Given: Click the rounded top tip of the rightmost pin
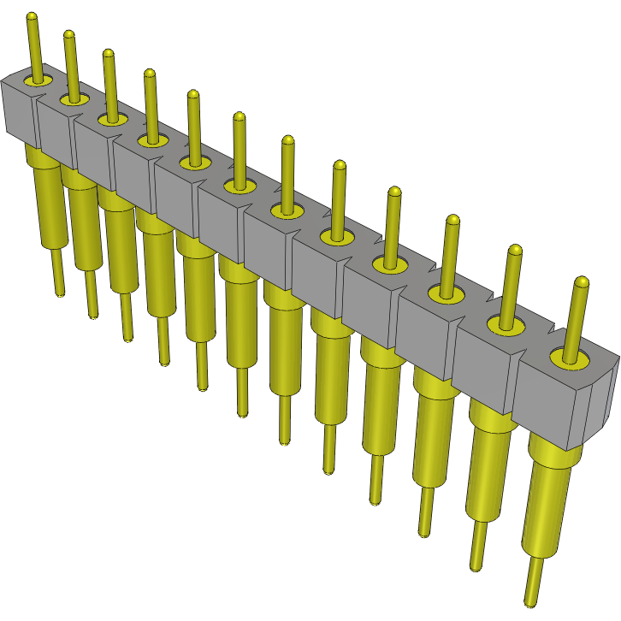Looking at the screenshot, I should point(582,281).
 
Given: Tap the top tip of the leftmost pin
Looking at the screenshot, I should point(32,16).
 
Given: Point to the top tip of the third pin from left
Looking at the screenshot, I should point(108,53).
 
